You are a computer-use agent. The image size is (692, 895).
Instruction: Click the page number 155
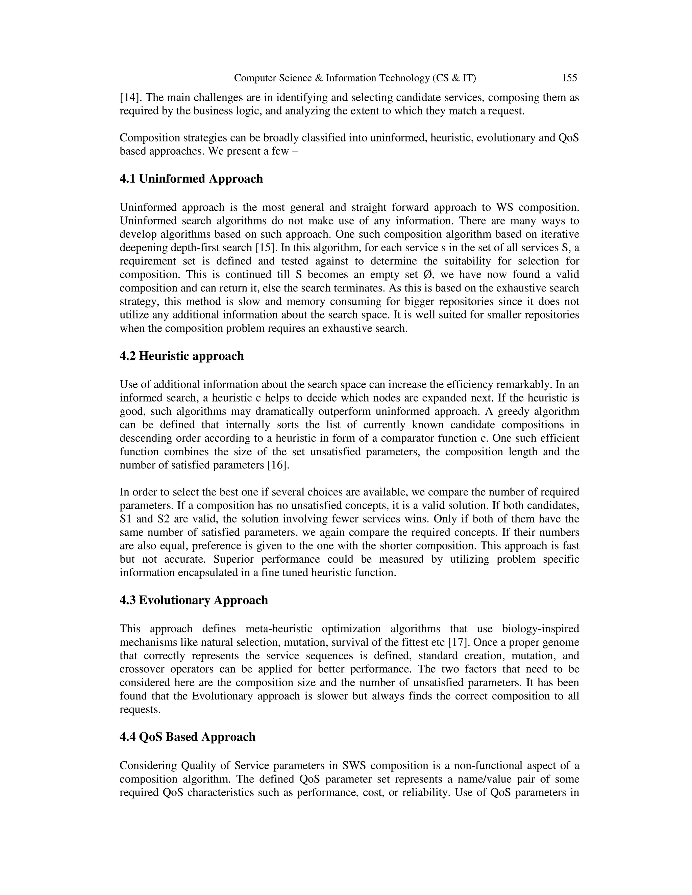[569, 78]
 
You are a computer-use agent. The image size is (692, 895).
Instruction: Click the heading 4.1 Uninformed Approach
[191, 179]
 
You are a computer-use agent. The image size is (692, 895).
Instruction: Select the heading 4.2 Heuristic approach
[181, 356]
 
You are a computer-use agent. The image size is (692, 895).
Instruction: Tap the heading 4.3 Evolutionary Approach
[194, 600]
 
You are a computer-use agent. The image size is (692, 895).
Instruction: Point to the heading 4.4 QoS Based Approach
[187, 737]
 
